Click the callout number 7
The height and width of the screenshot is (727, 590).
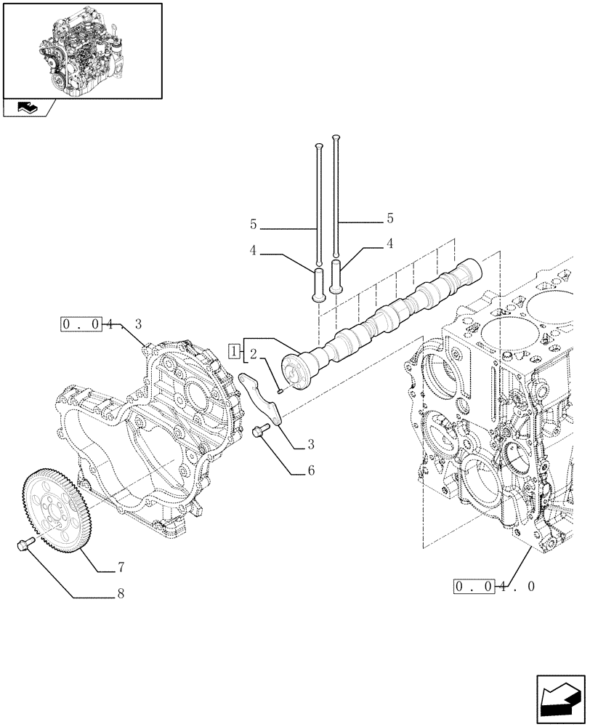tap(121, 566)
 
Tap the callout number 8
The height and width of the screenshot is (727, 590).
tap(121, 594)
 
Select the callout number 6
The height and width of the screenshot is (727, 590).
tap(310, 470)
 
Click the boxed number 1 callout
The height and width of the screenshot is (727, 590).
tap(234, 351)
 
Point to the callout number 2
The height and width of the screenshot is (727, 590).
tap(253, 355)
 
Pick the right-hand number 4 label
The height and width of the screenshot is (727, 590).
tap(389, 244)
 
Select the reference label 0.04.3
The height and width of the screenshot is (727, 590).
tap(101, 324)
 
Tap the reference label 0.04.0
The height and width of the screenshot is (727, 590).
tap(494, 586)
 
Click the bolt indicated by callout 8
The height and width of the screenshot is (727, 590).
tap(22, 545)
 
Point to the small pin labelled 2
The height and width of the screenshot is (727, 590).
tap(280, 390)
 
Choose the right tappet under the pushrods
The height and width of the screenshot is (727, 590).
tap(336, 276)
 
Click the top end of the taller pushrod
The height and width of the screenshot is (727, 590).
tap(336, 137)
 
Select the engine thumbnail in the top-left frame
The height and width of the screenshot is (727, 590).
tap(81, 49)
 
